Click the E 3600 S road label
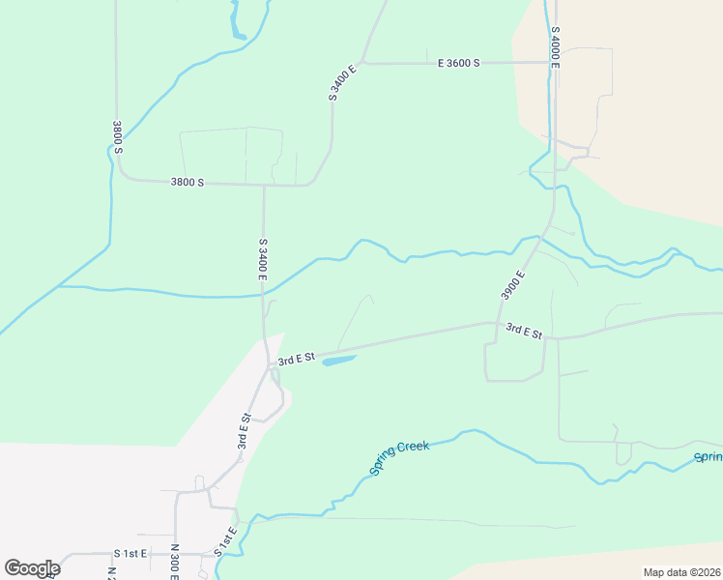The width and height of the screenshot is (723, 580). point(458,63)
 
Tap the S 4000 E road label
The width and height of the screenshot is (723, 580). point(556,44)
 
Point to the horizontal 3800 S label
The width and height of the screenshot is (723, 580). point(187,182)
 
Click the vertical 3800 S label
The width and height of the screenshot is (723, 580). point(117,136)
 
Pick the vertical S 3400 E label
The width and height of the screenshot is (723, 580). point(262,258)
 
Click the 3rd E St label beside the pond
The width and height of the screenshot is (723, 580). point(297,359)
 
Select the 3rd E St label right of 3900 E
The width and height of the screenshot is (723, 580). point(525,333)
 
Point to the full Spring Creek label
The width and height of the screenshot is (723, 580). point(398,458)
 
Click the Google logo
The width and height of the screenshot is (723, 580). point(32,567)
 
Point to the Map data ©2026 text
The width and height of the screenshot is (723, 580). point(681,572)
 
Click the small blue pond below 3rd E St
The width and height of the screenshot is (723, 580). point(338,361)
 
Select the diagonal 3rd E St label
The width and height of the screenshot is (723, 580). point(245,433)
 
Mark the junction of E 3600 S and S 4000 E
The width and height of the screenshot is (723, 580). point(551,63)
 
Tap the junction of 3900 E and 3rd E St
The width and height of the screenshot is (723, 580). point(497,324)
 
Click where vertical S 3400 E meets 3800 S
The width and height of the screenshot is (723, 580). point(264,185)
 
